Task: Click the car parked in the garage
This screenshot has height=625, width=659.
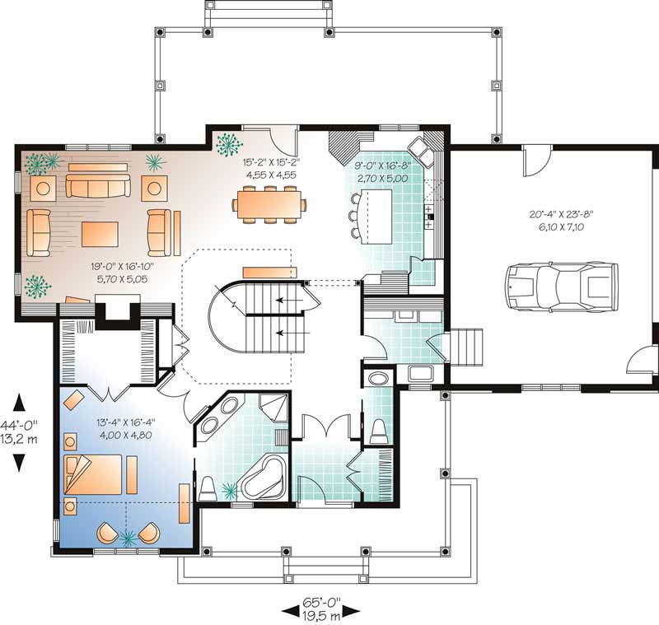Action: pos(562,287)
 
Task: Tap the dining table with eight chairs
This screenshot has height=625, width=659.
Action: pos(269,205)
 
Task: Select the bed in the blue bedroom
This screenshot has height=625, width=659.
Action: pos(93,474)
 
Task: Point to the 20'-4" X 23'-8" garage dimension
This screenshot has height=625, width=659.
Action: pos(561,221)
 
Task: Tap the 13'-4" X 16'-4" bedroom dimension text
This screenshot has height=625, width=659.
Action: pos(126,429)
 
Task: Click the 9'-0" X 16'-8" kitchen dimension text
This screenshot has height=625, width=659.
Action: pos(382,171)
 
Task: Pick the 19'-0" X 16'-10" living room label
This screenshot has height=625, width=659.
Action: pos(122,273)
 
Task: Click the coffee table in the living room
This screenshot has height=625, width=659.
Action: pos(100,234)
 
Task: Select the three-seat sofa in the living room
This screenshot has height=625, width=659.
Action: pos(98,185)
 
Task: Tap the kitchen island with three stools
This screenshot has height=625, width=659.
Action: pos(372,217)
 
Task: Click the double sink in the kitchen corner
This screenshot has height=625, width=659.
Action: pos(422,152)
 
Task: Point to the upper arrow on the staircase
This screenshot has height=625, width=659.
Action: pos(289,301)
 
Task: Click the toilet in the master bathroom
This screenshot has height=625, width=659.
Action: pos(207,489)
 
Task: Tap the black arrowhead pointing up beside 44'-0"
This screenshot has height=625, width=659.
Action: pos(19,403)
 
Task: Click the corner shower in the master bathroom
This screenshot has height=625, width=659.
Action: pos(273,408)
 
